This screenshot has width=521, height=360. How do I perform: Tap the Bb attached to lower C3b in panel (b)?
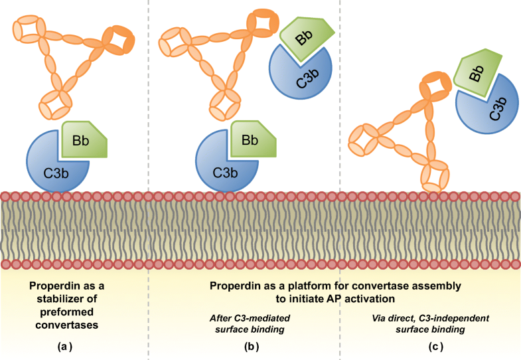[251, 140]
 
